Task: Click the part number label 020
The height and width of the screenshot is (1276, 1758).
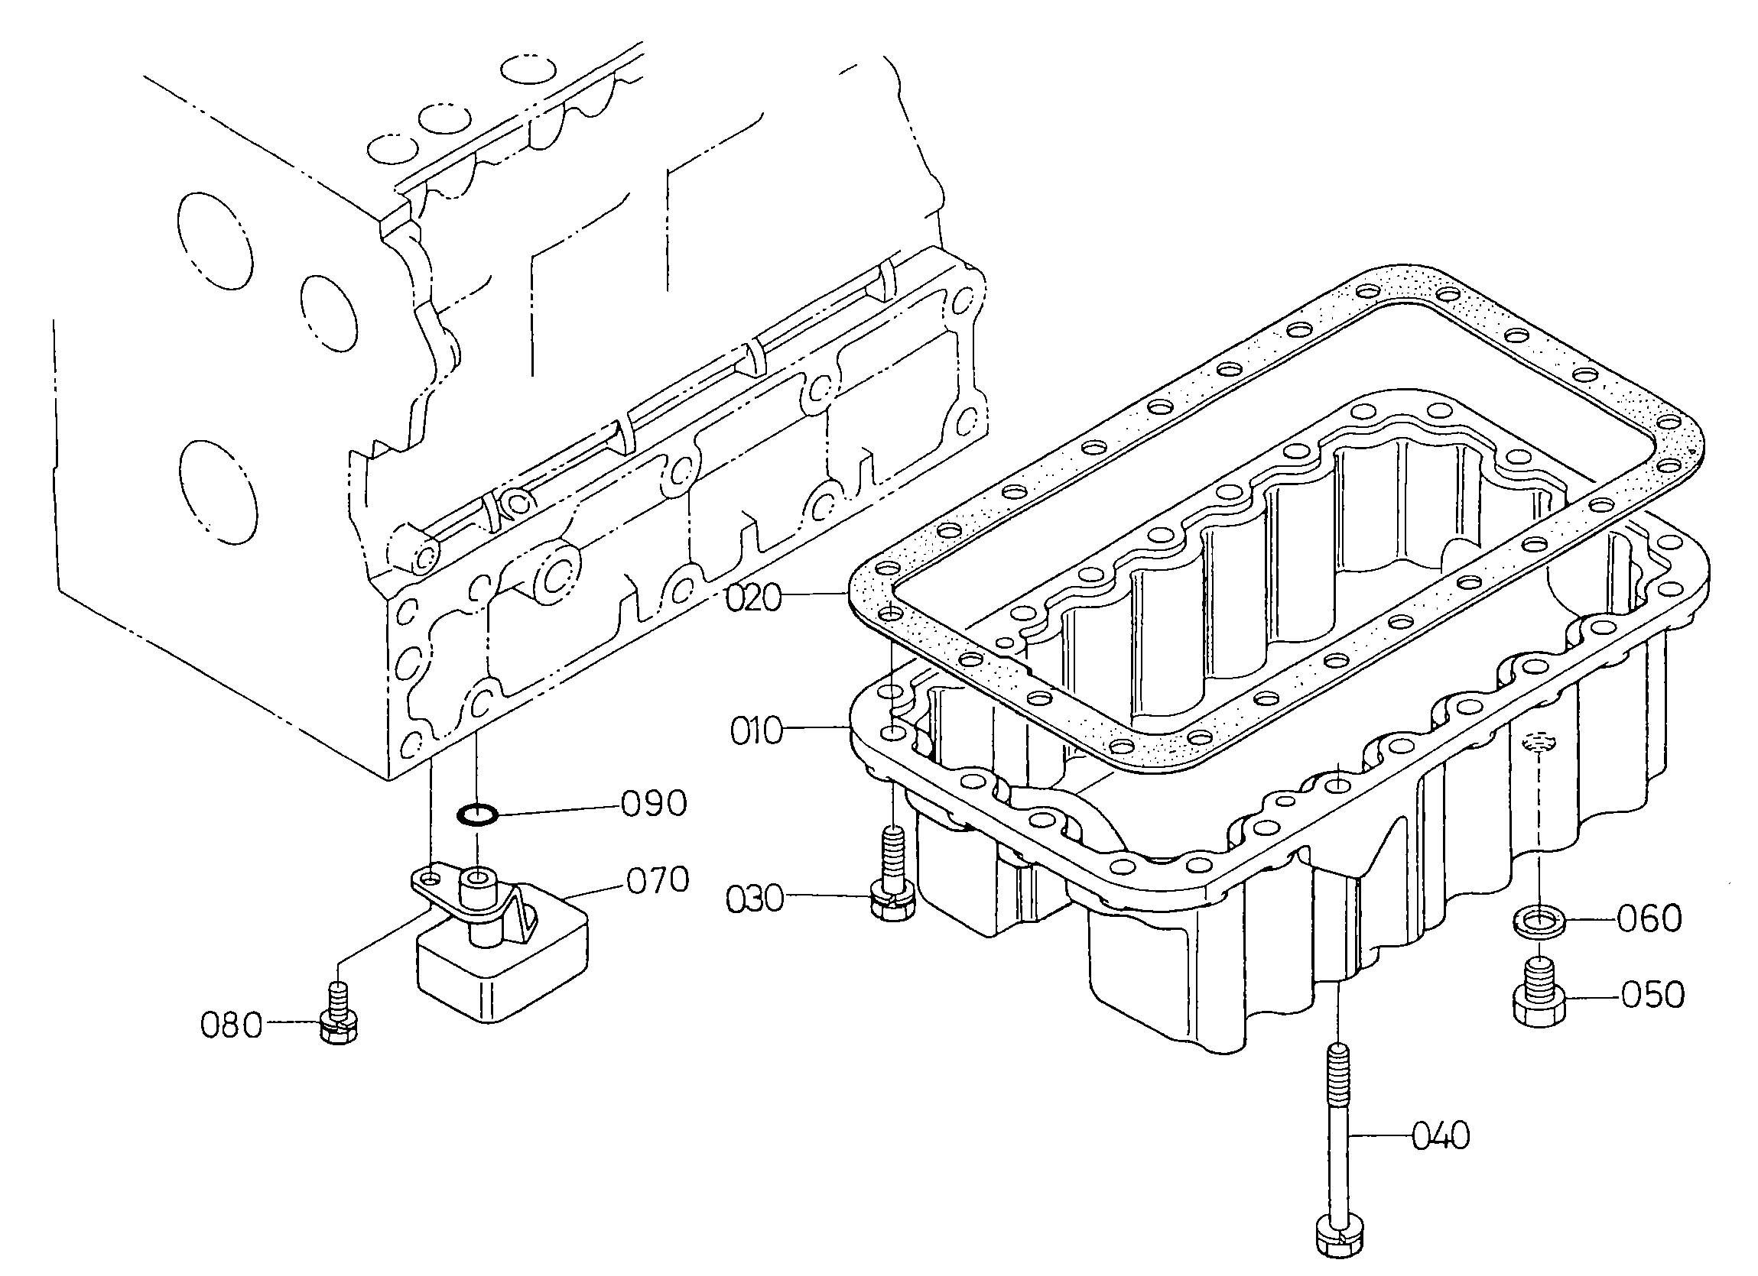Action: click(753, 598)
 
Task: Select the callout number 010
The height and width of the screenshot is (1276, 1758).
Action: click(757, 730)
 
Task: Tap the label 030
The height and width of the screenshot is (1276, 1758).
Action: click(754, 899)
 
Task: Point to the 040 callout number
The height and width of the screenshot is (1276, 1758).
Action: click(1440, 1136)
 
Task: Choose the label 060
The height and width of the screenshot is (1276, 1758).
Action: click(1649, 920)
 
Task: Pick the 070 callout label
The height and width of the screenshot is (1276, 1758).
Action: click(658, 881)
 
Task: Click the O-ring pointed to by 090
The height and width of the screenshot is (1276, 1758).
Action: click(476, 815)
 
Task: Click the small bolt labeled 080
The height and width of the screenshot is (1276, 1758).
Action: click(340, 1018)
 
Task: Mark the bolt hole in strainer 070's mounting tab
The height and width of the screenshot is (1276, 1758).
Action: click(432, 878)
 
